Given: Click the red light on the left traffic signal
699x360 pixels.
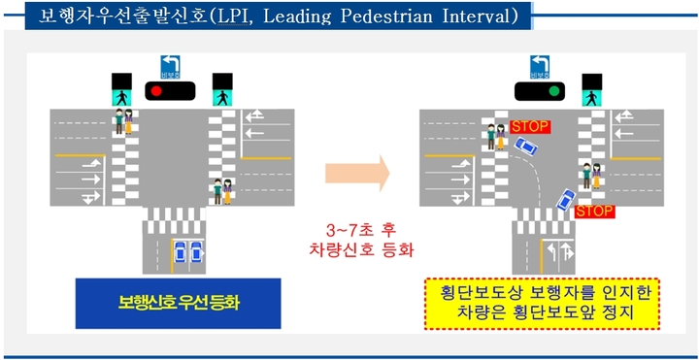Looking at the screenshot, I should (154, 91).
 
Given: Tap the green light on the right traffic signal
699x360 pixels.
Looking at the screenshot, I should (554, 91).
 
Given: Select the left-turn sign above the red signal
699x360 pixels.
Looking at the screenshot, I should (171, 67).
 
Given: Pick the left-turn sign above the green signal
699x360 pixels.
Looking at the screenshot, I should (539, 67).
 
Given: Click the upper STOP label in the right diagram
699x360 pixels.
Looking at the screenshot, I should (529, 126).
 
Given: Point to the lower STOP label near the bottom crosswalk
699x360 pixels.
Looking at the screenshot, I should (594, 211).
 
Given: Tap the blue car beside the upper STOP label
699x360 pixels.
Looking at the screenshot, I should (525, 147).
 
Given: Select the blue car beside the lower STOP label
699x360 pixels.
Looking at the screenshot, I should (563, 202).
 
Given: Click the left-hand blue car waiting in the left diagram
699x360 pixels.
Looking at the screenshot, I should (179, 251).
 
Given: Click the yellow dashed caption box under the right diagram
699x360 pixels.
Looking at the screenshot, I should (543, 303).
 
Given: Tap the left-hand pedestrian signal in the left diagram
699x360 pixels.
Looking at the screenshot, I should (120, 90).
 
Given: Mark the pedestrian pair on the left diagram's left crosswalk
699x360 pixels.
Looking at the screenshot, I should (122, 122).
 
